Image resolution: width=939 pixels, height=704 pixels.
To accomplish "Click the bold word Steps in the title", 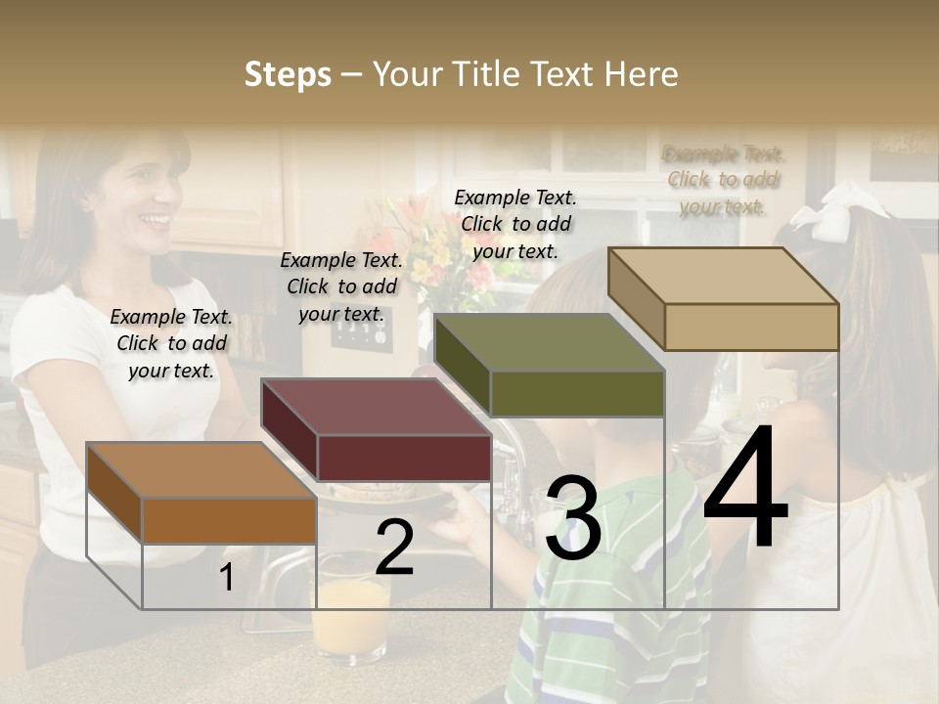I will click(288, 74).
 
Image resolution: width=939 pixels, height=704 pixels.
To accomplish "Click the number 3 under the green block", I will click(573, 518).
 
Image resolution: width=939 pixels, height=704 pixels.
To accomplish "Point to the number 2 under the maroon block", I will click(394, 548).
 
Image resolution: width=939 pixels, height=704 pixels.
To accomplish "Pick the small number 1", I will click(226, 577).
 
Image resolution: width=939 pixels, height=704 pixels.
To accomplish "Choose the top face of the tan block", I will click(722, 276).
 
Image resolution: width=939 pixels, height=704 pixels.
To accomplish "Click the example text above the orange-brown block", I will click(171, 343).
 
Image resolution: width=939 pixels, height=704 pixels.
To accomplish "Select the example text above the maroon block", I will click(341, 286).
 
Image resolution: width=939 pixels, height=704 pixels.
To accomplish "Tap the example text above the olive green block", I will click(515, 224).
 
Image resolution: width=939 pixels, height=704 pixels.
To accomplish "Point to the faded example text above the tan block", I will click(723, 180).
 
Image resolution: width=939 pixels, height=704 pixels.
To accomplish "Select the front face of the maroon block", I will click(404, 458).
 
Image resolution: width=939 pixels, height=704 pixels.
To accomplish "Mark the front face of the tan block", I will click(751, 327).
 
